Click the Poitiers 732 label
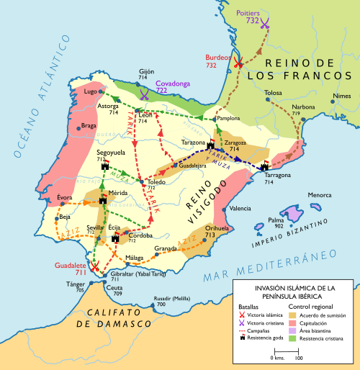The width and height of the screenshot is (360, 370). coord(247,17)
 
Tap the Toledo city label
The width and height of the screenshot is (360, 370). coord(157,183)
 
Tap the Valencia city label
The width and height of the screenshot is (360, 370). coord(240,209)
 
